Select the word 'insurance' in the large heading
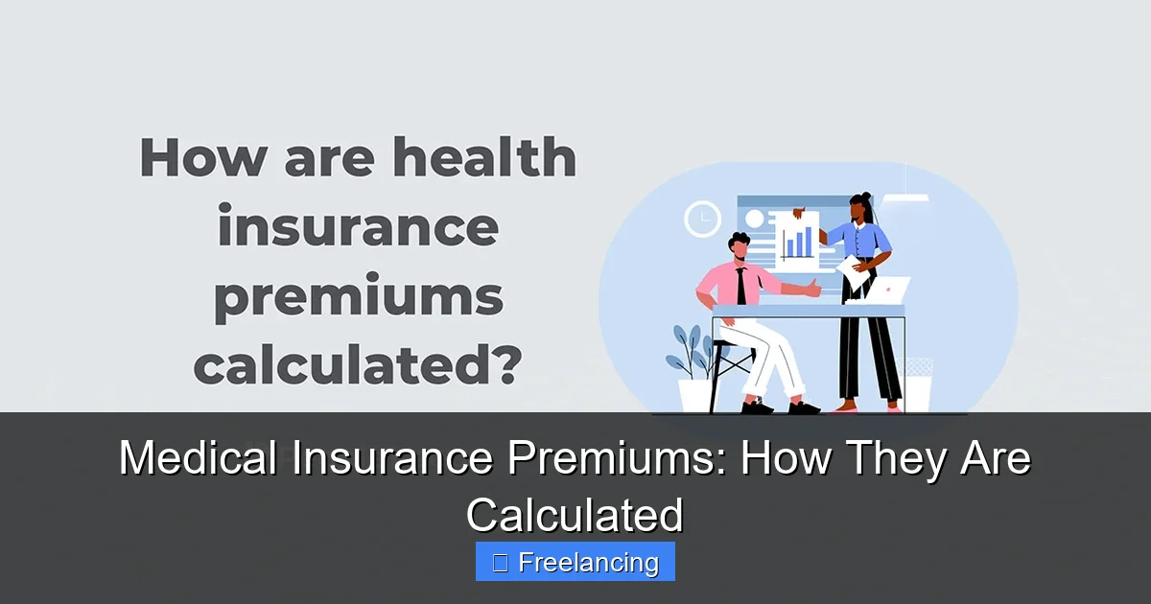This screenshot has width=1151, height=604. click(x=358, y=228)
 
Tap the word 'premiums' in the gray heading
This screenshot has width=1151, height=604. click(x=358, y=298)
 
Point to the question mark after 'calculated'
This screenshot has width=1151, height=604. click(x=505, y=367)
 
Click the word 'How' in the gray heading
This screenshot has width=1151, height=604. click(x=200, y=157)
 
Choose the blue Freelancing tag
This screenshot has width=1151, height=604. click(x=575, y=562)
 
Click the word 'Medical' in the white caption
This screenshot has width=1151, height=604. click(x=199, y=459)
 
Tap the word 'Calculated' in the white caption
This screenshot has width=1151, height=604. click(x=575, y=515)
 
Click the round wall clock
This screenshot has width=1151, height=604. click(x=702, y=220)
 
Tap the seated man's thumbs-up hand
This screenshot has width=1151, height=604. click(x=813, y=286)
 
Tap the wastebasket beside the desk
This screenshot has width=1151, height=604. click(x=918, y=385)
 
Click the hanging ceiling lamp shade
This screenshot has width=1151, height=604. click(x=905, y=198)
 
